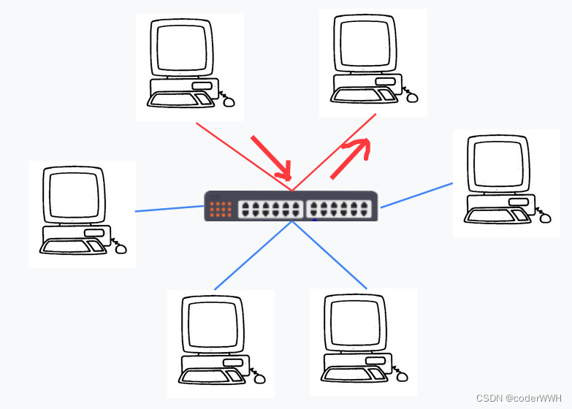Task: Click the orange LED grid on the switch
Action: [220, 209]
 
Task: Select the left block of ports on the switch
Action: [270, 209]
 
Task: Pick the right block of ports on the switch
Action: [340, 209]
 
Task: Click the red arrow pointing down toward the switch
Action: [271, 157]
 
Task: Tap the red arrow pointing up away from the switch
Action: [351, 156]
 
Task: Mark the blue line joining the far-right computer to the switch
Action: [416, 195]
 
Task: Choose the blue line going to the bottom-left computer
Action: [252, 256]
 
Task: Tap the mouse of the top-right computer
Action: [412, 97]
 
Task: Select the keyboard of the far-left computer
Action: [67, 246]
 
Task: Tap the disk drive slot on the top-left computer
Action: [202, 85]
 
